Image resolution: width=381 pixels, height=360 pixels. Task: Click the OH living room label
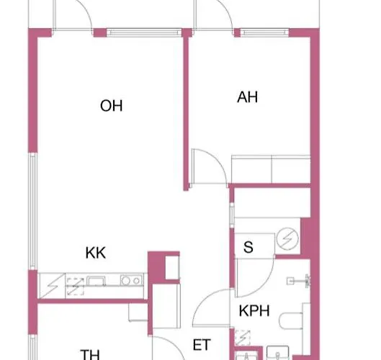coord(112,106)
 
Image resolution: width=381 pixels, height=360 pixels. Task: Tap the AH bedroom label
coord(247,97)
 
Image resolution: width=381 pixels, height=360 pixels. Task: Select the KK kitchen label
coord(96,253)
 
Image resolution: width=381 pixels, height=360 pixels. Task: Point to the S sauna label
coord(248,247)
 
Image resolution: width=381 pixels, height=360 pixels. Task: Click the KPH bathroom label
coord(254,310)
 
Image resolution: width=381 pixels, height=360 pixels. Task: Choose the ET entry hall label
coord(202,345)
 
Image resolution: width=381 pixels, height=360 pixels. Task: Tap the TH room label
coord(90,355)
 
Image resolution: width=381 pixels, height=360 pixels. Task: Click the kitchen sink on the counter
coord(96,281)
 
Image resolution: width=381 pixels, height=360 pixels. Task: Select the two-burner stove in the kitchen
coord(131,280)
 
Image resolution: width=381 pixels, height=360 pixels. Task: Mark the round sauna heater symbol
coord(287,239)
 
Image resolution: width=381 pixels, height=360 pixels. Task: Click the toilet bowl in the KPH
coord(290,321)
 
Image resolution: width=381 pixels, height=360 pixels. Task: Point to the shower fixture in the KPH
coord(299,281)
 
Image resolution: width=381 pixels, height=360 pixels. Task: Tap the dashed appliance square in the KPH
coord(243,338)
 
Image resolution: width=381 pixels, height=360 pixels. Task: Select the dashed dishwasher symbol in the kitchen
coord(76,287)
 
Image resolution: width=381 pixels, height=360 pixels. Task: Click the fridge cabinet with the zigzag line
coord(52,286)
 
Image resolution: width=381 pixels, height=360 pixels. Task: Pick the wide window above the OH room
coord(144,32)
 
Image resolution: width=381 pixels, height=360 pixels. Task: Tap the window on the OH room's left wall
coord(33,211)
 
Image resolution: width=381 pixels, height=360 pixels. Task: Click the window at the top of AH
coord(264,32)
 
